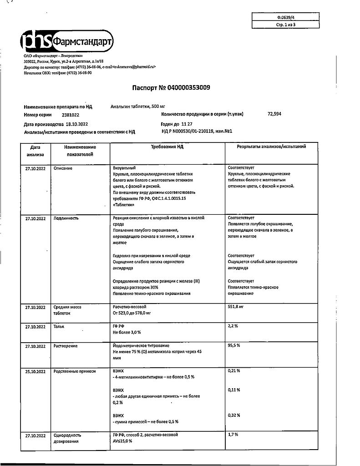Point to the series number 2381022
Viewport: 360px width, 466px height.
click(x=57, y=115)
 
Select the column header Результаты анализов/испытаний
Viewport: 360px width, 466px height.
click(x=271, y=147)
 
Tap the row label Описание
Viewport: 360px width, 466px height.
click(x=63, y=168)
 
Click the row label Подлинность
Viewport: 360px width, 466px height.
click(x=66, y=218)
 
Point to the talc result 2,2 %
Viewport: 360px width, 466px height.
click(x=233, y=327)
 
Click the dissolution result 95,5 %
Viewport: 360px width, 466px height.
click(x=234, y=346)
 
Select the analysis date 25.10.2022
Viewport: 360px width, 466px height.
click(x=35, y=371)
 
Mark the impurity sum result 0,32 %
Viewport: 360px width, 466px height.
click(x=234, y=415)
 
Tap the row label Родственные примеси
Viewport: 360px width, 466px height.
click(x=75, y=371)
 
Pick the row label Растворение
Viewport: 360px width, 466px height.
click(x=66, y=346)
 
